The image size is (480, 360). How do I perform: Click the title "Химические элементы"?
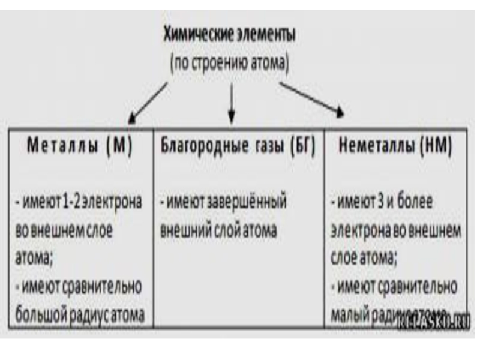pos(230,37)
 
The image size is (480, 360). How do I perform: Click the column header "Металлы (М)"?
pos(80,148)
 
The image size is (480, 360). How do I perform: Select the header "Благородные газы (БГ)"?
pos(238,148)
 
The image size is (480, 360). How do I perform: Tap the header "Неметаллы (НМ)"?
pos(395,148)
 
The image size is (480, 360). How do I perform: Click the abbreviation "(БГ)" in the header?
pos(302,148)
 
